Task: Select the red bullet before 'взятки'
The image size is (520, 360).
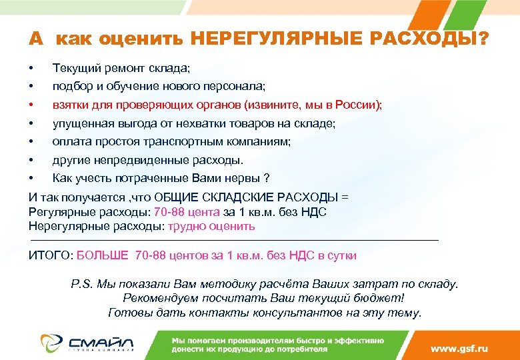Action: pyautogui.click(x=31, y=105)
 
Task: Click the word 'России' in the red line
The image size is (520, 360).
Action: pyautogui.click(x=357, y=105)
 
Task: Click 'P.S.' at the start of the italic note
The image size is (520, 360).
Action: pyautogui.click(x=82, y=284)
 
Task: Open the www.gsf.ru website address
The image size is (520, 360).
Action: pyautogui.click(x=459, y=349)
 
